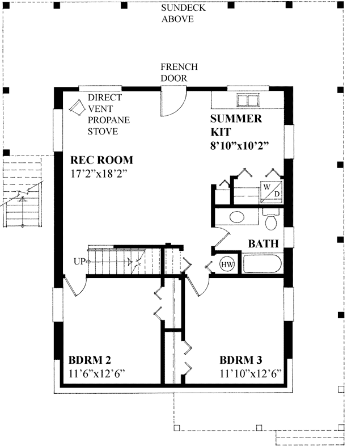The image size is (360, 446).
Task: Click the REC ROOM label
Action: pos(101,161)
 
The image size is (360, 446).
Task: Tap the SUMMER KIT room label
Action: pos(236,125)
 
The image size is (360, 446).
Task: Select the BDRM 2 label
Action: pos(89,360)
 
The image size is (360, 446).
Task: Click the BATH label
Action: pos(263,244)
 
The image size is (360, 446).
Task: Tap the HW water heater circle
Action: pos(227,264)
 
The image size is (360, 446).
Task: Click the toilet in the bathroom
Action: pos(270,219)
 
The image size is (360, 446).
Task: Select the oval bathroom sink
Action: pos(237,217)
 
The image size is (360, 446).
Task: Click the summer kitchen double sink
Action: pos(247,100)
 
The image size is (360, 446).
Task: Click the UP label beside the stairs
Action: pos(79,261)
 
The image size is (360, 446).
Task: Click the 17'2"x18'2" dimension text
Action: pos(98,174)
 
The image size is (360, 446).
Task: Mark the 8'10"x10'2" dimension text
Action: pos(238,145)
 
